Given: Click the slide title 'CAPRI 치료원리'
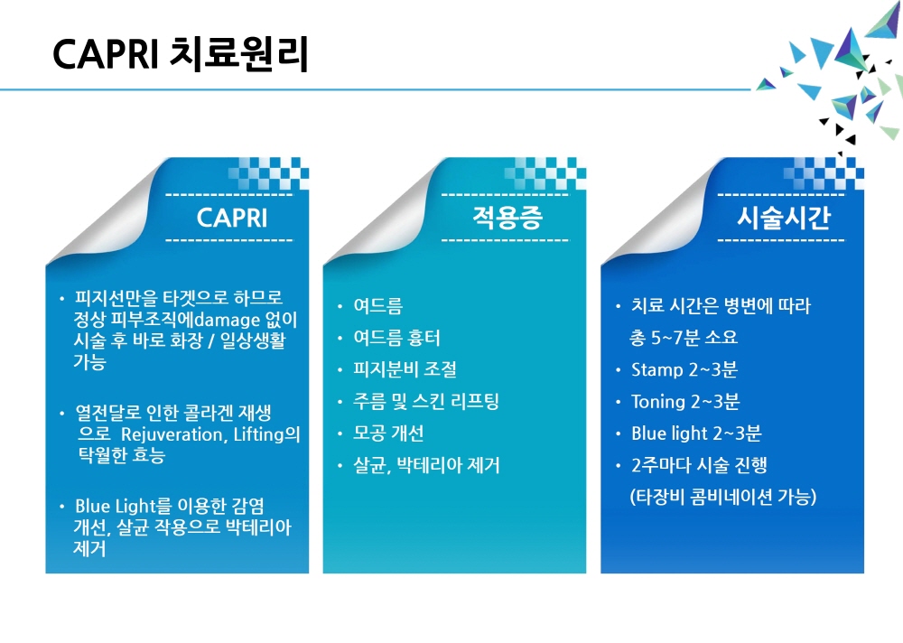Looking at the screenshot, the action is (x=181, y=54).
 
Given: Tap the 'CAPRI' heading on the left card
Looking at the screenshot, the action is (x=232, y=218).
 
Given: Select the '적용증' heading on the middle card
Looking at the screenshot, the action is (x=507, y=218).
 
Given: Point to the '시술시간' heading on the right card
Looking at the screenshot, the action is (x=783, y=218).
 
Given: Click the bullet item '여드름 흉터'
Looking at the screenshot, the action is (x=396, y=338).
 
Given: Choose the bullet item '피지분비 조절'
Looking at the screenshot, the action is (x=405, y=369).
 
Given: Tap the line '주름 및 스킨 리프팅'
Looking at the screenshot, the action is (x=426, y=401).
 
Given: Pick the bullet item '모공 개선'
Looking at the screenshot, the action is (x=388, y=433).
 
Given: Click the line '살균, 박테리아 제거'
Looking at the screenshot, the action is (x=427, y=465).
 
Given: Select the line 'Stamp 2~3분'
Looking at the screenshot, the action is (x=684, y=369).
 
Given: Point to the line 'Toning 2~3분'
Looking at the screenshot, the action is (x=685, y=401).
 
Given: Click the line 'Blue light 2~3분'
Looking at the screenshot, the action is (x=696, y=433).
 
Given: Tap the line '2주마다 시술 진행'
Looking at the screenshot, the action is (x=699, y=465).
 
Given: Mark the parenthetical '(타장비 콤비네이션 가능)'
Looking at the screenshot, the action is (x=723, y=497).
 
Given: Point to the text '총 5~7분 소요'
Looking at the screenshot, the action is (x=684, y=338).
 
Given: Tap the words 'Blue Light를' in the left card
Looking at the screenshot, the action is (x=123, y=506).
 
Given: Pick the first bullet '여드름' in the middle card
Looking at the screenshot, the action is (x=377, y=306).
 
